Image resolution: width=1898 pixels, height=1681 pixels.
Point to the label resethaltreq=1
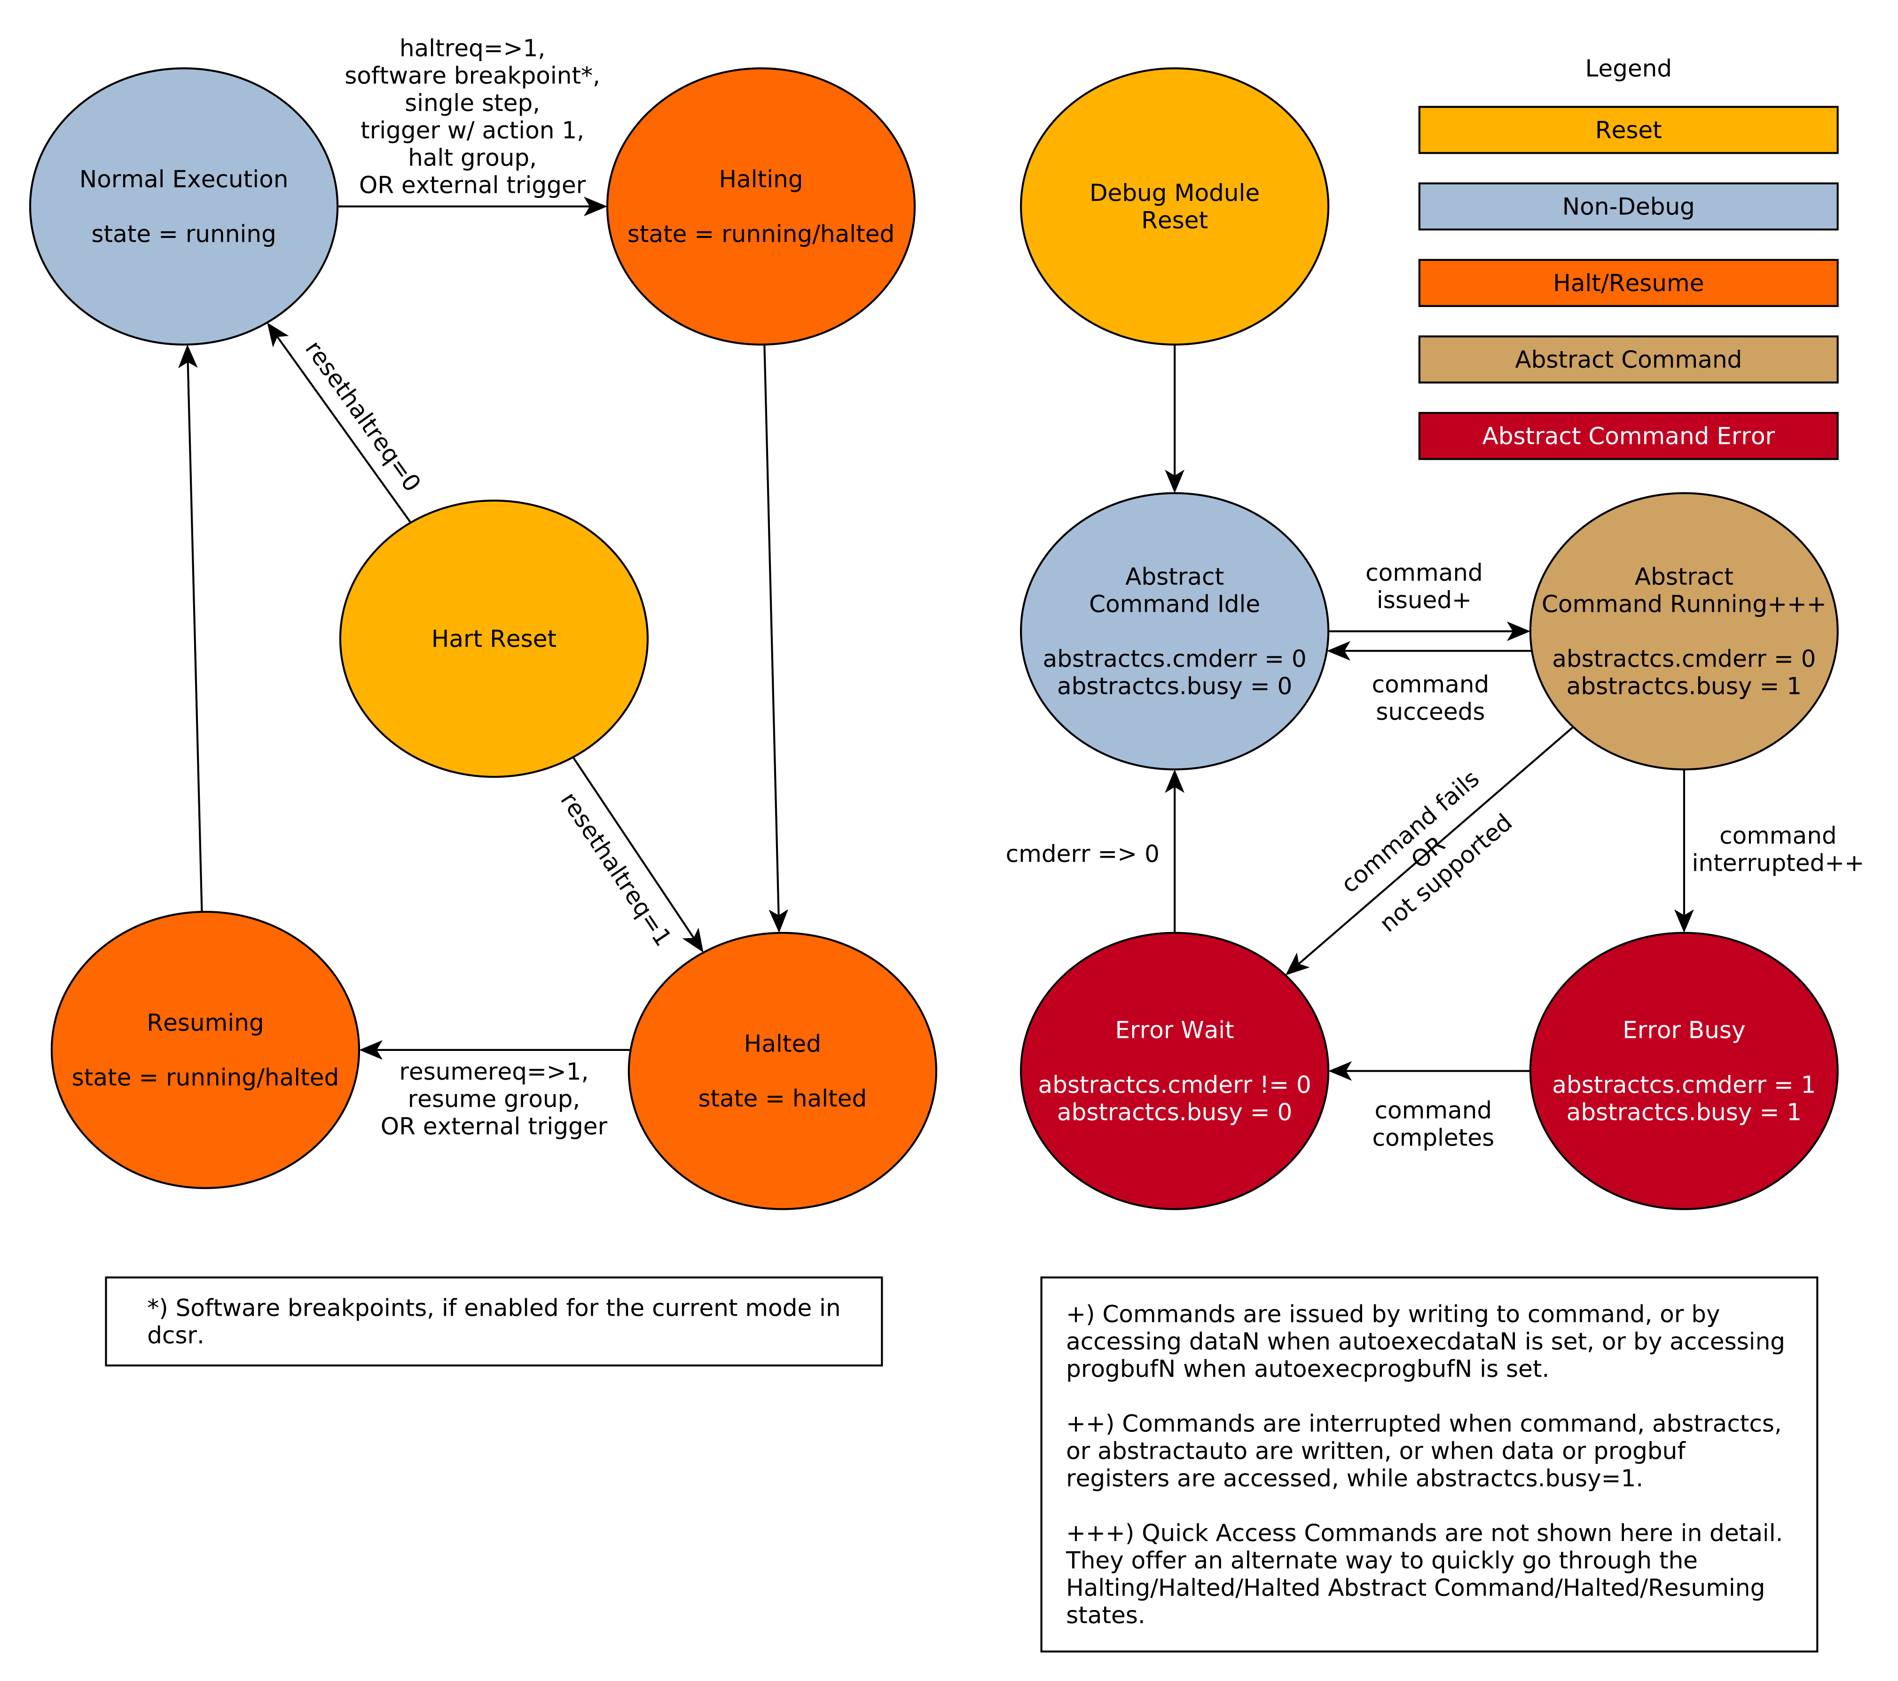point(615,869)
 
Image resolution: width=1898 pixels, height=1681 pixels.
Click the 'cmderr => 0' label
point(1082,853)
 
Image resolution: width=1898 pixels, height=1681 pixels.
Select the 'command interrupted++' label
point(1776,849)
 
